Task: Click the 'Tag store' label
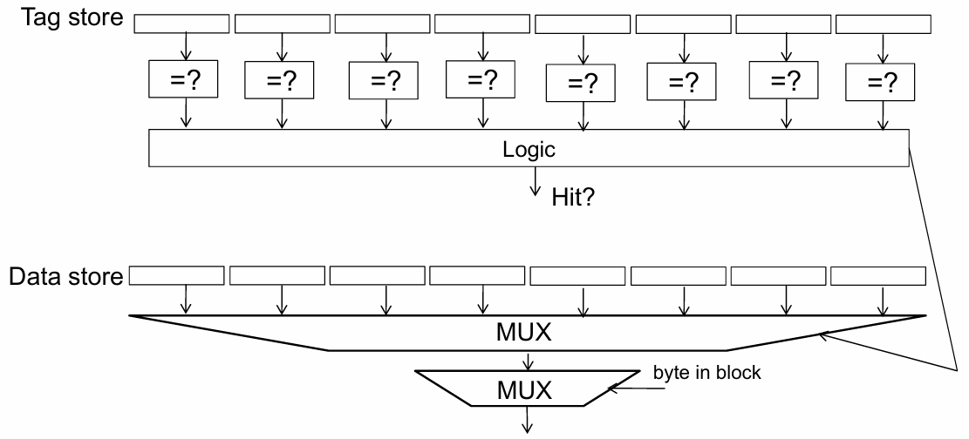coord(73,17)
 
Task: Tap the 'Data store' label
coord(66,277)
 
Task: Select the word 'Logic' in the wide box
coord(529,150)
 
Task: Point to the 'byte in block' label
coord(707,373)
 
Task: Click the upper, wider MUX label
coord(523,333)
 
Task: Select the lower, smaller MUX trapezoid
coord(527,388)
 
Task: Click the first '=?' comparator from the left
coord(183,78)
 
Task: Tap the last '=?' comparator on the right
coord(880,82)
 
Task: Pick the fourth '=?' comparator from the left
coord(481,79)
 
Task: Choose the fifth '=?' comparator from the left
coord(580,83)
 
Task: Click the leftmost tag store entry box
coord(181,24)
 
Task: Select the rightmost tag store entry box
coord(884,24)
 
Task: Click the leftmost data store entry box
coord(177,275)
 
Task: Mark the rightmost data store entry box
coord(878,276)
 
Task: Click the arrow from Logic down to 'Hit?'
coord(536,181)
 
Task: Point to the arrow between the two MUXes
coord(527,360)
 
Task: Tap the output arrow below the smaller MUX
coord(527,420)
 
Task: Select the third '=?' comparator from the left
coord(384,80)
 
